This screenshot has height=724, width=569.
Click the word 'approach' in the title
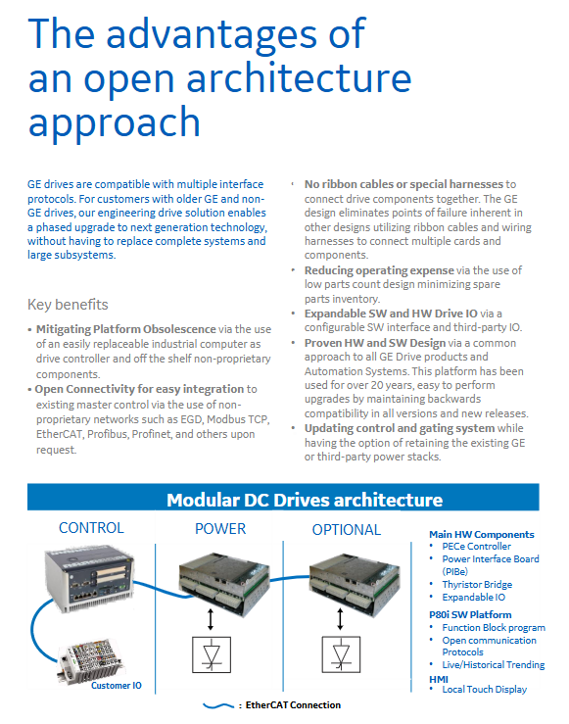click(114, 121)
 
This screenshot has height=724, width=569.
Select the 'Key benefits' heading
click(68, 305)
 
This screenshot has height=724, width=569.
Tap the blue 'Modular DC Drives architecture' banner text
click(305, 500)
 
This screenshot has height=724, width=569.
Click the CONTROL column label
click(91, 528)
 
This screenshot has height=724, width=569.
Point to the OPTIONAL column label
click(347, 530)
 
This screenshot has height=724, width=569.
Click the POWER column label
click(220, 529)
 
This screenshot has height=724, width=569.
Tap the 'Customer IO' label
click(117, 685)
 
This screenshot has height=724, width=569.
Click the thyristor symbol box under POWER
click(212, 654)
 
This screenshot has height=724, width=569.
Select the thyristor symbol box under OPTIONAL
click(341, 654)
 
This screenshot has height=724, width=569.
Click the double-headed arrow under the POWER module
click(211, 619)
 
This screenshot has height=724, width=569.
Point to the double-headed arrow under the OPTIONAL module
click(340, 619)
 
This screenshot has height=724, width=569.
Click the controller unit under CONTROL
click(89, 578)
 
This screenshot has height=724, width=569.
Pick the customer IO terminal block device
click(90, 661)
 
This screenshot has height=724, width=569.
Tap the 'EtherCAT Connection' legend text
click(293, 705)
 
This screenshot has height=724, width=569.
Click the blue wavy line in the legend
click(218, 705)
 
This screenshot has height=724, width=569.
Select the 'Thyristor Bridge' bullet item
click(477, 585)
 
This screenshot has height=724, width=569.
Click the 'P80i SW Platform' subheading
click(470, 614)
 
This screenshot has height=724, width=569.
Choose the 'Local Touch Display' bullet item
click(485, 690)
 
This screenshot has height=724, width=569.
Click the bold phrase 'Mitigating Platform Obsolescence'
click(126, 329)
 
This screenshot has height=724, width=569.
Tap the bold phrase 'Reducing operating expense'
click(379, 270)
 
